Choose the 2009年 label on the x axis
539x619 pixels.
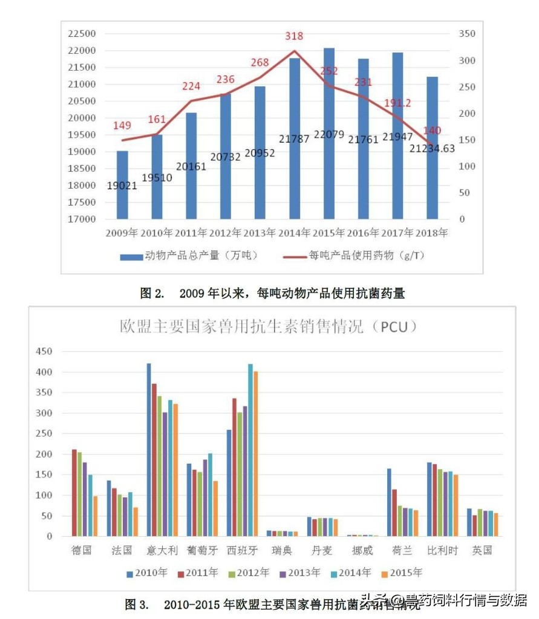pos(122,233)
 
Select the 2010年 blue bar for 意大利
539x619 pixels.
pos(149,450)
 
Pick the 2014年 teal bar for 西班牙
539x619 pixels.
pos(250,450)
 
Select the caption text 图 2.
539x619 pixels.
pos(152,294)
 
